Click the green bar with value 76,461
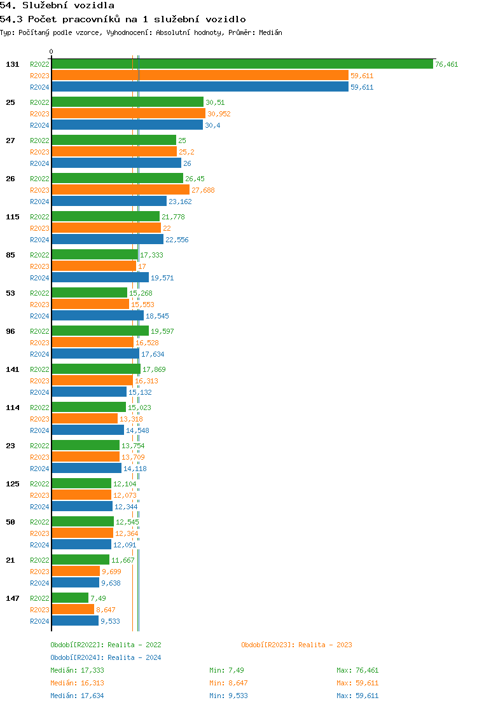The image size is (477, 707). click(x=242, y=64)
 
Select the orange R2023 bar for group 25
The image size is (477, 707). click(x=128, y=114)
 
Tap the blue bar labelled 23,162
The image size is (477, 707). click(x=109, y=202)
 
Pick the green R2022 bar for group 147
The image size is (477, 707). click(x=70, y=598)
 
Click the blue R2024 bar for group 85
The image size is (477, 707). click(x=100, y=278)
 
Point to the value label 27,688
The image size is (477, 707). click(x=203, y=190)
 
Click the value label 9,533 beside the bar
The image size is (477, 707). click(x=110, y=621)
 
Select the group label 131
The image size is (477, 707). click(x=12, y=64)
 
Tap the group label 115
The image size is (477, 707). click(x=12, y=217)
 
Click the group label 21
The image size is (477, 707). click(x=10, y=560)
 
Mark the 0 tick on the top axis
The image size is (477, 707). click(x=52, y=52)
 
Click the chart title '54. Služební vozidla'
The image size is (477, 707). click(x=57, y=6)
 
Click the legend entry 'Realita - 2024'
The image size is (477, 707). click(x=134, y=657)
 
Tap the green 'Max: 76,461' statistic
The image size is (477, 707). click(x=357, y=670)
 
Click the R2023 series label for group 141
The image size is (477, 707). click(x=39, y=381)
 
